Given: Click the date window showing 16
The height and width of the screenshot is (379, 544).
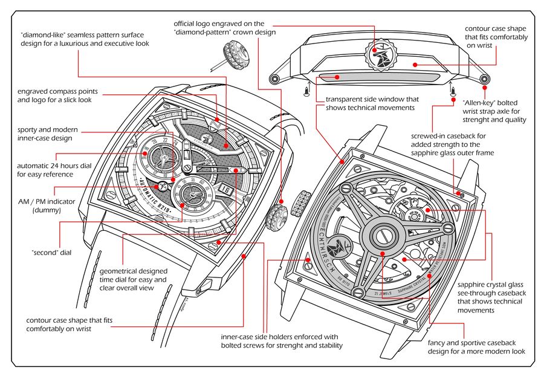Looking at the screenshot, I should point(225,189).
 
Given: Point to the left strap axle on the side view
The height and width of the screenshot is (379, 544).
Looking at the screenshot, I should point(274,79).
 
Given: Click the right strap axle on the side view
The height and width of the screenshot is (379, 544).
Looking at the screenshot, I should point(484,79).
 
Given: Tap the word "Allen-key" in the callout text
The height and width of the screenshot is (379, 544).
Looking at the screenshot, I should point(479,102).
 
